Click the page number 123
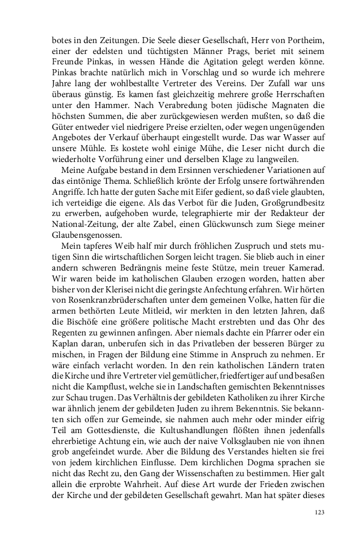(x=320, y=512)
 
